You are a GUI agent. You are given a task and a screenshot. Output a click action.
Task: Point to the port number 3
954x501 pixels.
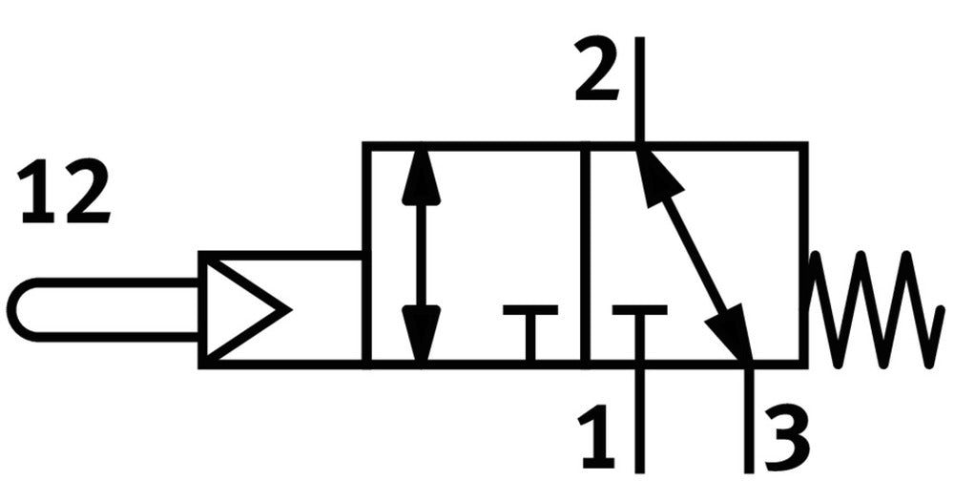(787, 436)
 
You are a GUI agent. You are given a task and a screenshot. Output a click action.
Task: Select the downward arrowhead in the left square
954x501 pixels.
(422, 330)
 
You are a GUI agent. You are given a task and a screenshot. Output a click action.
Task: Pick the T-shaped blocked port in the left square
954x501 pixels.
(530, 330)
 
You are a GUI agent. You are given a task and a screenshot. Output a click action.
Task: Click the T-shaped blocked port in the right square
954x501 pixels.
(639, 330)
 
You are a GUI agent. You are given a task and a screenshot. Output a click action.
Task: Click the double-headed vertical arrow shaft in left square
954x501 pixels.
(422, 255)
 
